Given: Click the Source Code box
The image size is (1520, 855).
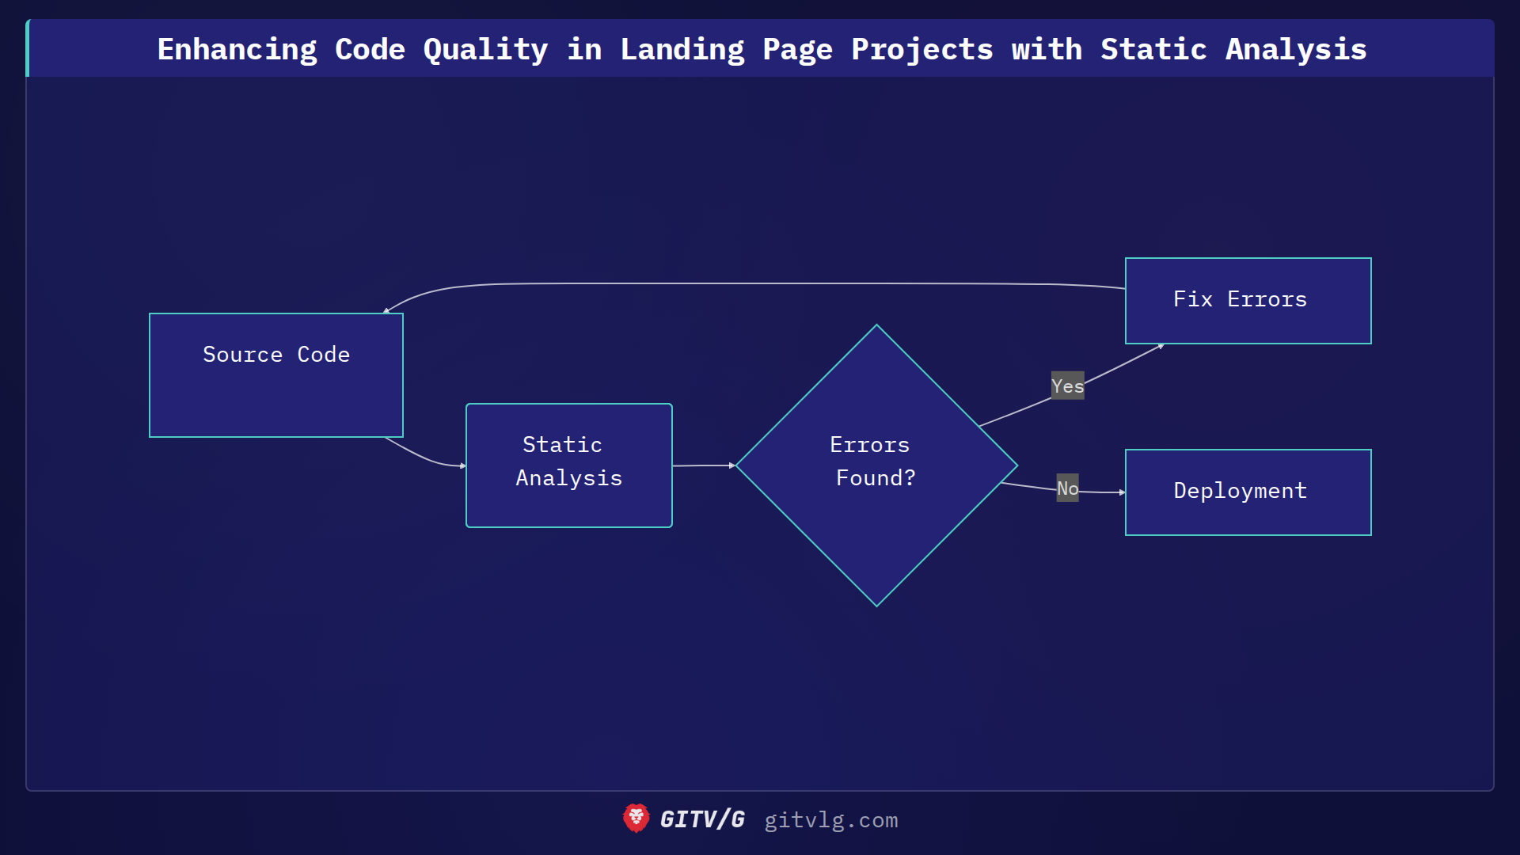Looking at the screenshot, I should [276, 375].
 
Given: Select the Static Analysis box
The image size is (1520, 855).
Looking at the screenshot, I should [568, 465].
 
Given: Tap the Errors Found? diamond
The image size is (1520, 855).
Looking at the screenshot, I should [876, 465].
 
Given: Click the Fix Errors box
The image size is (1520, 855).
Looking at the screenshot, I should [1248, 301].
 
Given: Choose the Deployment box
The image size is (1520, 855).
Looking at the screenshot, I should [1248, 492].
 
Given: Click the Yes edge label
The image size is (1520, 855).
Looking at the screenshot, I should [1067, 386].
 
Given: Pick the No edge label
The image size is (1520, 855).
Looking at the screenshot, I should [1067, 488].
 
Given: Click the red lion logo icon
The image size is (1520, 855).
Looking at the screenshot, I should [636, 819].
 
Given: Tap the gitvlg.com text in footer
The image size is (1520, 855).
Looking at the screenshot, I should [830, 820].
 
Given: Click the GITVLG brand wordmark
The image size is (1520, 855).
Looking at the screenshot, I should [702, 819].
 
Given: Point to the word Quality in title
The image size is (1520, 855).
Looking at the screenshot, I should [485, 50].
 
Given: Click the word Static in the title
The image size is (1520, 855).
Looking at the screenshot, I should [1153, 50].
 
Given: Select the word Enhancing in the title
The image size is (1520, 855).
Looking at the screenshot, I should [237, 50].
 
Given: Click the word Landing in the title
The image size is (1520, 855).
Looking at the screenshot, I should [682, 50].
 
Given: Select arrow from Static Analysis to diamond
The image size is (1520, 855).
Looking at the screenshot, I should [703, 465].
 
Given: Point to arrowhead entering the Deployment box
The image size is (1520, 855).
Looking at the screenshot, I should [1122, 492].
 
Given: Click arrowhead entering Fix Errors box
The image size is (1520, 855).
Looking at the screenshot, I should [1161, 346].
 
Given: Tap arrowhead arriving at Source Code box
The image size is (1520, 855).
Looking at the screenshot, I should [386, 311].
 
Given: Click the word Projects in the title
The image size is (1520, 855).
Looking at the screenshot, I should [921, 50].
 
